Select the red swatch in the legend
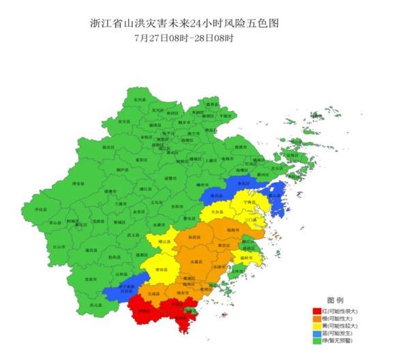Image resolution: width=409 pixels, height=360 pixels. coord(316,311)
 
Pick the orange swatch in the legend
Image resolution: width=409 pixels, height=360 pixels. coord(316,318)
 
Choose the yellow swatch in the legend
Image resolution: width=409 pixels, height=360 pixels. coord(316,326)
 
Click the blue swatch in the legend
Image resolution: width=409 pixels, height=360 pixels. coord(316,333)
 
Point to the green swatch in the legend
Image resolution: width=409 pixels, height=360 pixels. coord(316,341)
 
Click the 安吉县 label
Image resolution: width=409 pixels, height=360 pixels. coord(124,121)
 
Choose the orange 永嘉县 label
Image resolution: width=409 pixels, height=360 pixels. coord(197,261)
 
